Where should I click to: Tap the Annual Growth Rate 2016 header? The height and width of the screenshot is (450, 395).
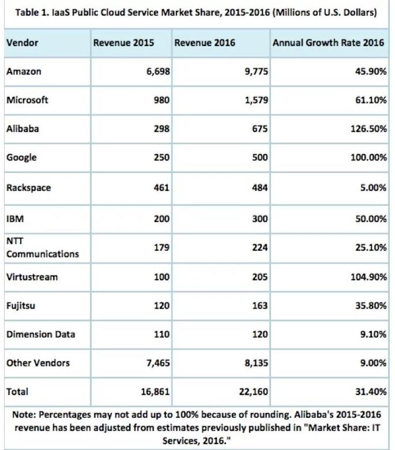point(328,43)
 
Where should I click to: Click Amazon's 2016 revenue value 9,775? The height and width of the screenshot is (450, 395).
point(254,71)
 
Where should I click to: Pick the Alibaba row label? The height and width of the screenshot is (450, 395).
point(22,129)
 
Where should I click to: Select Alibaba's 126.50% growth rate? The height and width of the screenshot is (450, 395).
point(367,129)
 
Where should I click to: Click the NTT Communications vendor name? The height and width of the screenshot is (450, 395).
point(42,248)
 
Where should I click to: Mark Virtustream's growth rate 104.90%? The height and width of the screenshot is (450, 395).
point(367,277)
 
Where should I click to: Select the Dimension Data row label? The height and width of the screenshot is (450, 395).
point(40,334)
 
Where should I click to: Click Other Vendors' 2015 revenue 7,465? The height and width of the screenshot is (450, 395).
point(156,363)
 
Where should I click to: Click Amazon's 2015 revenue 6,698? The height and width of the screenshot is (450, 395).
point(156,71)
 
